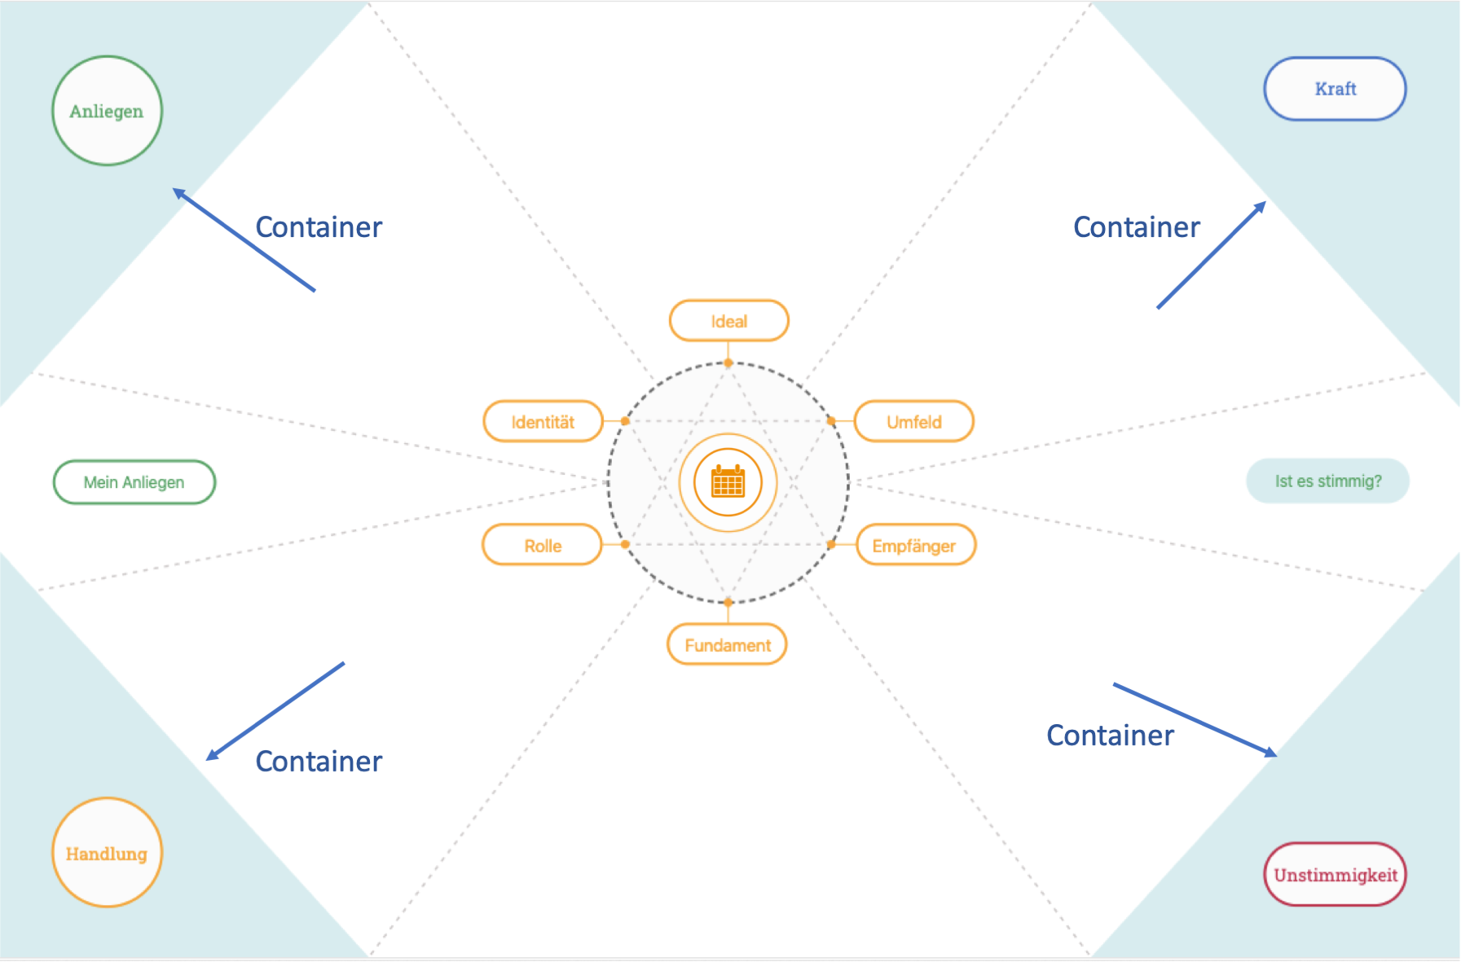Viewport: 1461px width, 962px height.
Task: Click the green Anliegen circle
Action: [107, 111]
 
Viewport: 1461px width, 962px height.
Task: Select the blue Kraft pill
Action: [1335, 89]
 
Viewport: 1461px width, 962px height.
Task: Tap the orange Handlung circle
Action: [107, 853]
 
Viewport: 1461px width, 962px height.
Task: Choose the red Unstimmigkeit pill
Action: [1335, 875]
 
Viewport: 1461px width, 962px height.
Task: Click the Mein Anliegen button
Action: [134, 482]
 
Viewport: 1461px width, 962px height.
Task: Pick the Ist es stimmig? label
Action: [1327, 481]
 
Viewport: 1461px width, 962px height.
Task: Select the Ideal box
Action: [728, 321]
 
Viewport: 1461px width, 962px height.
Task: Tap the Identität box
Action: [543, 422]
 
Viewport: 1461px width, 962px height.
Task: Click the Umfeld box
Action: [913, 422]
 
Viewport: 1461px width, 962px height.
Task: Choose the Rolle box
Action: [543, 546]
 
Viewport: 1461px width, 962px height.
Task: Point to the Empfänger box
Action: [914, 546]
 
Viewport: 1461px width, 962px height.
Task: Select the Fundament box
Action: [727, 645]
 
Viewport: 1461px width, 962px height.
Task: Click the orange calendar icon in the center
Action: [728, 482]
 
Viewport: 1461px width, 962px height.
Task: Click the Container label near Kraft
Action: [1136, 227]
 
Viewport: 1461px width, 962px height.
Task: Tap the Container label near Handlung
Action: [319, 762]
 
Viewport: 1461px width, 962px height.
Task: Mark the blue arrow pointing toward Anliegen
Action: [244, 239]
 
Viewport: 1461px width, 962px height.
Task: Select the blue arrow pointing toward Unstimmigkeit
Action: [1195, 719]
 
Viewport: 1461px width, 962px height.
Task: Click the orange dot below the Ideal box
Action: [728, 363]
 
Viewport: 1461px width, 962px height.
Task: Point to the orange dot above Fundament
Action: [728, 603]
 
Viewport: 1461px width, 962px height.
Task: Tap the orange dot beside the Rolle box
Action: [625, 544]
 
